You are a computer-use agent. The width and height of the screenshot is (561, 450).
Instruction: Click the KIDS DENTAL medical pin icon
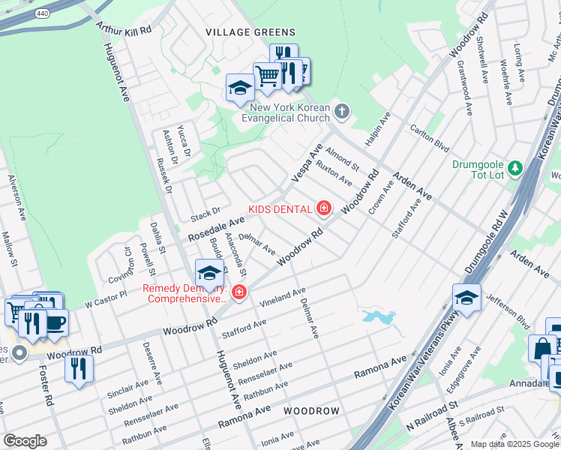point(324,208)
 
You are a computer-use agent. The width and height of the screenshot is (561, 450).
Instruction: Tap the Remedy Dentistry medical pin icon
point(239,292)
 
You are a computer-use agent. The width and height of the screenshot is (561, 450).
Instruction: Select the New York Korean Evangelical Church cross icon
point(342,112)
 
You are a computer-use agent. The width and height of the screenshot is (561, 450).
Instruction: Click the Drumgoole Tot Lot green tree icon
point(514,166)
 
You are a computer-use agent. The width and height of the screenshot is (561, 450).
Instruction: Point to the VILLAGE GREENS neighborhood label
point(250,32)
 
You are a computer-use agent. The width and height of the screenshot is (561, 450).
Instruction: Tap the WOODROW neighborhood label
point(311,411)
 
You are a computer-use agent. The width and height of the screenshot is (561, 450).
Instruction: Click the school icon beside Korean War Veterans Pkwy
point(466,298)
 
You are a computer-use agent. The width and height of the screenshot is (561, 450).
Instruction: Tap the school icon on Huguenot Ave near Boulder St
point(209,272)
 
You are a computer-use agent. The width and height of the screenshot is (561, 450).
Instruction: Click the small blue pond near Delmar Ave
point(379,317)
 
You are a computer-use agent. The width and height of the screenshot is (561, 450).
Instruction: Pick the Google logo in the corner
point(25,440)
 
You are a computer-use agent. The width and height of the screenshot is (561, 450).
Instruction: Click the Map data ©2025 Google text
point(514,444)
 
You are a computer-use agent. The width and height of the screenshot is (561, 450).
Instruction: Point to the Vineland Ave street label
point(283,297)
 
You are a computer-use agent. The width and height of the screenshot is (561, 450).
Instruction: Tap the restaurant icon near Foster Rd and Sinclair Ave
point(79,368)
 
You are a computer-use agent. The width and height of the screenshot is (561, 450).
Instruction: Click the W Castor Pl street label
point(106,302)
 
